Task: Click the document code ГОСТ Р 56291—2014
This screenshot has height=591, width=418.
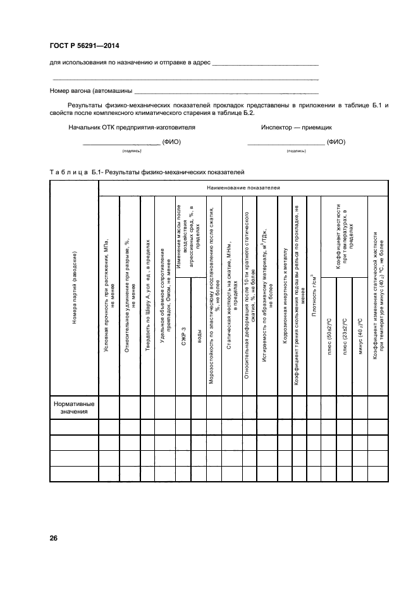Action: click(84, 45)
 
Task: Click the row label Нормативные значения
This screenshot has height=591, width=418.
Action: click(74, 407)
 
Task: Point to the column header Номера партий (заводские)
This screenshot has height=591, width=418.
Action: click(75, 288)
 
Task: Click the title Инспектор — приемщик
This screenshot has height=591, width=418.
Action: click(292, 127)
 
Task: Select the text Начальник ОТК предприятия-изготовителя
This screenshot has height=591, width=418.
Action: click(132, 127)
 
